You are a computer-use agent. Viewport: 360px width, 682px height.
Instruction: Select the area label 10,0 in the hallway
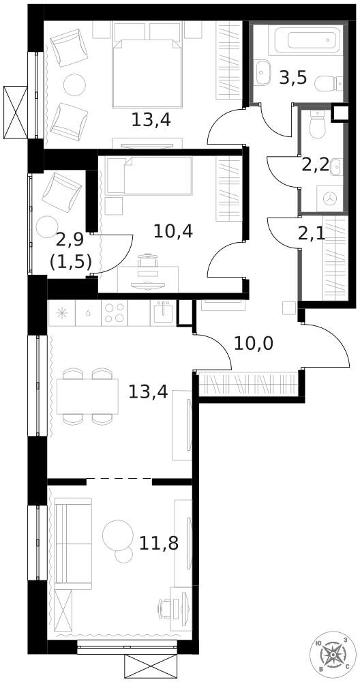[x=254, y=344]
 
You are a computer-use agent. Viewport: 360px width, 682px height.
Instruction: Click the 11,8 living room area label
[x=159, y=543]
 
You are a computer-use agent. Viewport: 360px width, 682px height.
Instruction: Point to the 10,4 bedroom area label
[x=173, y=231]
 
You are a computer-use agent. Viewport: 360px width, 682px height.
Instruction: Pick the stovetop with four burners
[x=114, y=313]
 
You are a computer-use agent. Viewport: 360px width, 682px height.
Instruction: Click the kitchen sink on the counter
[x=164, y=312]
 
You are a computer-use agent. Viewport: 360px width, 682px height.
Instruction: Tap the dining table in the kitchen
[x=87, y=396]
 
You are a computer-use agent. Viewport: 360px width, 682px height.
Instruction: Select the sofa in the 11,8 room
[x=72, y=544]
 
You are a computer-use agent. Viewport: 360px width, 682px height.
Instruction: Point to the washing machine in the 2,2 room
[x=330, y=198]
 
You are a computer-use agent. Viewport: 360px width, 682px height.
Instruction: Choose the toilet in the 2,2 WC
[x=318, y=123]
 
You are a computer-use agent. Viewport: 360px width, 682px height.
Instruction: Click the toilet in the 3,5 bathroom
[x=328, y=84]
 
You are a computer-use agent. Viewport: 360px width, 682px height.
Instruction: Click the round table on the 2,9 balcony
[x=47, y=226]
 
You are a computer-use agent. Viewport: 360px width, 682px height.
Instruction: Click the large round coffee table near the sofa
[x=118, y=535]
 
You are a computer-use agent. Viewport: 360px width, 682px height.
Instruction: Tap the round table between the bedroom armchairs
[x=74, y=85]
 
